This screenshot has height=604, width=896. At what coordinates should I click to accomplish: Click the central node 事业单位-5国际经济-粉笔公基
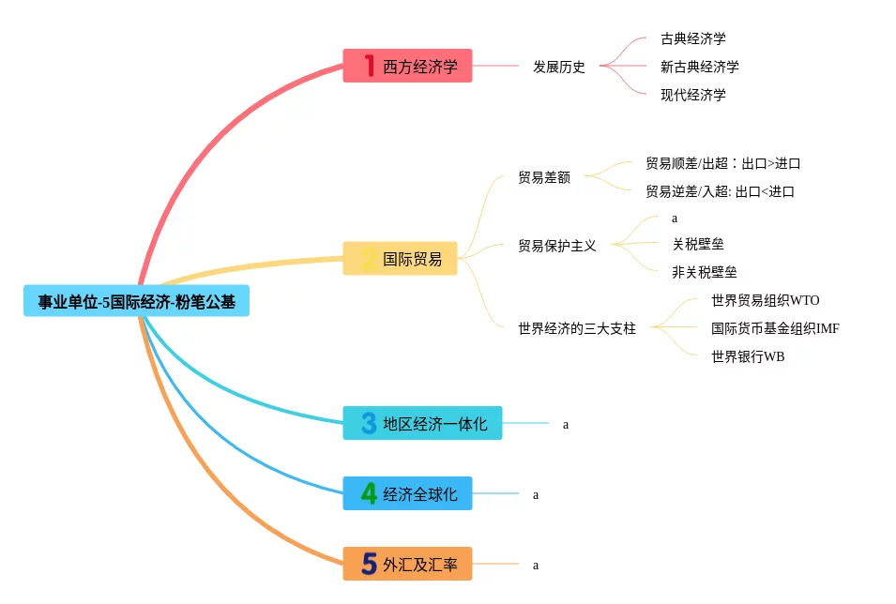[137, 301]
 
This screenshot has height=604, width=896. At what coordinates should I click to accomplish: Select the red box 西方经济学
[407, 66]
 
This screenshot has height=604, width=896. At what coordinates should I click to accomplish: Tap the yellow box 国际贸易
[400, 258]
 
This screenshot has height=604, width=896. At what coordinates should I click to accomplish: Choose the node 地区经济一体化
[422, 423]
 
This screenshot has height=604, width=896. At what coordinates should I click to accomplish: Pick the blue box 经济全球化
[407, 493]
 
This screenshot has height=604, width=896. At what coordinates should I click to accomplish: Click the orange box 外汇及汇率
[407, 564]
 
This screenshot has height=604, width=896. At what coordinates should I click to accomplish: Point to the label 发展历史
[559, 67]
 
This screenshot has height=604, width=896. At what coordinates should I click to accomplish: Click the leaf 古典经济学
[692, 38]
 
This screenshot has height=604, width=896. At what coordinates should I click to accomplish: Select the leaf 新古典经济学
[699, 67]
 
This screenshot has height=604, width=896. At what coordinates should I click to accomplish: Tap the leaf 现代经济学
[692, 94]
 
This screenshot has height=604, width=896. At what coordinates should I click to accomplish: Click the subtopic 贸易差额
[544, 177]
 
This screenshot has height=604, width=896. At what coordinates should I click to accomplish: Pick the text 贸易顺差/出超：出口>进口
[722, 163]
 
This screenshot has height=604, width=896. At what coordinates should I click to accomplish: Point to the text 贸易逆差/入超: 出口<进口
[720, 191]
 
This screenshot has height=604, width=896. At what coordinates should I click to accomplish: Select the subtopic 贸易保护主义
[557, 246]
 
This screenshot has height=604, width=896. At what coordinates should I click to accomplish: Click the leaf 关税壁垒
[698, 245]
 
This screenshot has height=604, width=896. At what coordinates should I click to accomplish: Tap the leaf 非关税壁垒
[705, 272]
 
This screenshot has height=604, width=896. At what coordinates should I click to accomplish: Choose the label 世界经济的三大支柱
[577, 328]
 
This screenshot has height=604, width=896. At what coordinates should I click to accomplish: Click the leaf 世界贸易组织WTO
[765, 300]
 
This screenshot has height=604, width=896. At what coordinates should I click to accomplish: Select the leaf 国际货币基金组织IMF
[775, 328]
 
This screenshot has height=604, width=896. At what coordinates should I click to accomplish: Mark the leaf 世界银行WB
[748, 356]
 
